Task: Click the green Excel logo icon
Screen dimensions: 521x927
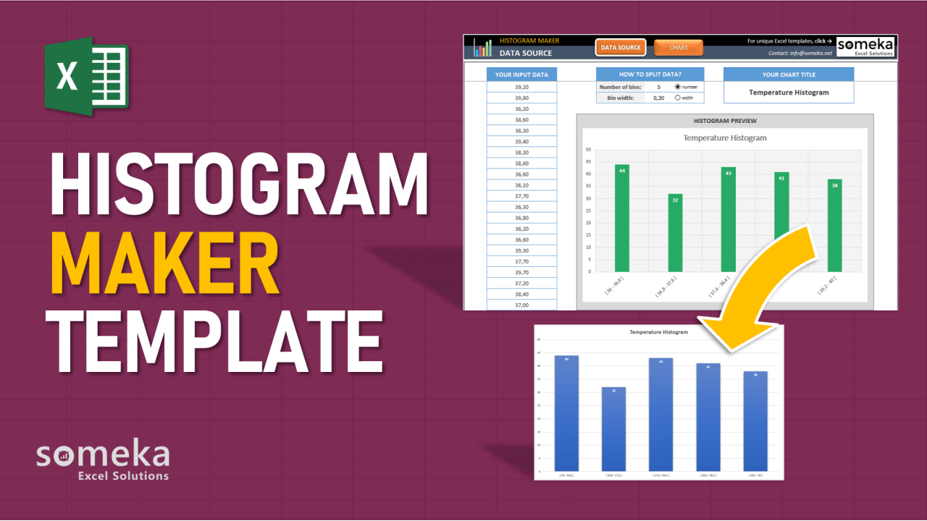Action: [x=85, y=75]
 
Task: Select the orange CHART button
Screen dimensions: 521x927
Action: [x=679, y=48]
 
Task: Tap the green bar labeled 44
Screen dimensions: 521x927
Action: [x=622, y=218]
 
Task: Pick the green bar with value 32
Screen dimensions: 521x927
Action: [x=675, y=232]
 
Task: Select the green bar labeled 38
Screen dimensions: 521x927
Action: [x=835, y=225]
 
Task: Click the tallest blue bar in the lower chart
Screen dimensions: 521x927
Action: [x=566, y=412]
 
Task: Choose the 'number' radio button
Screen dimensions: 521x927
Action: [x=678, y=87]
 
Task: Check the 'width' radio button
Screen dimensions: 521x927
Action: [x=678, y=98]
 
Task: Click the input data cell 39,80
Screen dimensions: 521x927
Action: [x=521, y=98]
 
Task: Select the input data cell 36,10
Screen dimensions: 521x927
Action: [x=521, y=185]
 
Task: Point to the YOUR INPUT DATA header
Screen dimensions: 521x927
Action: [x=521, y=75]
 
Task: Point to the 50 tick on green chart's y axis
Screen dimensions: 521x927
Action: [x=588, y=150]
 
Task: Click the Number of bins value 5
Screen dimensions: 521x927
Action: [x=658, y=87]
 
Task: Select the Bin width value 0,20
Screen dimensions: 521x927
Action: [x=658, y=98]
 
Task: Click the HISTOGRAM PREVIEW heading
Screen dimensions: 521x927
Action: [x=724, y=121]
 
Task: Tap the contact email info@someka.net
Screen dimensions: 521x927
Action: [x=800, y=53]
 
